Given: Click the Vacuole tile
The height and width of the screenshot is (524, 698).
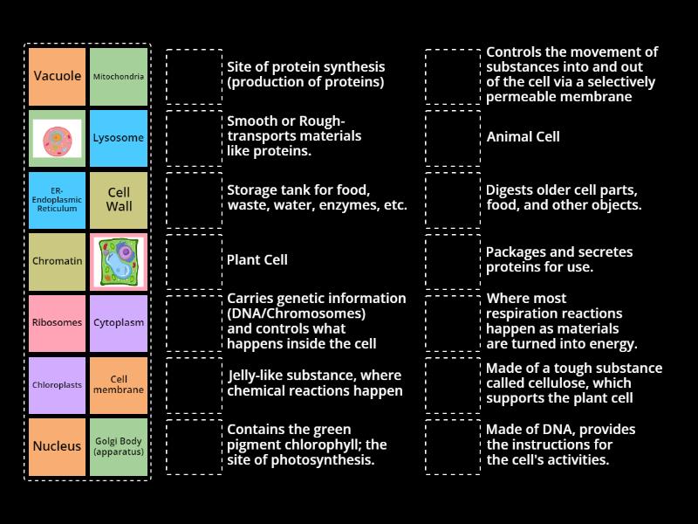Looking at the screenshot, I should click(57, 77).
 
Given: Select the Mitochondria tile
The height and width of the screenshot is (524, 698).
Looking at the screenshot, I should click(119, 77).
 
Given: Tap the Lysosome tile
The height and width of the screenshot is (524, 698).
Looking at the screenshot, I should click(119, 138).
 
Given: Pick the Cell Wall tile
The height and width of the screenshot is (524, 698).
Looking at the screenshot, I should click(119, 199).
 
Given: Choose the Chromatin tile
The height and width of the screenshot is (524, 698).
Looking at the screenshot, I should click(57, 261).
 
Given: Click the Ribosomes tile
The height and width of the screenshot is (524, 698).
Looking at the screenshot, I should click(57, 322).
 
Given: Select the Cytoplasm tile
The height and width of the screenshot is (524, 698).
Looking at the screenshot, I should click(119, 322).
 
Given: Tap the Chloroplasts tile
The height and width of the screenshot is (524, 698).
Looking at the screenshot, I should click(57, 384).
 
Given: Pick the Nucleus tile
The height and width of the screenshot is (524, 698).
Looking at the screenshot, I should click(57, 446).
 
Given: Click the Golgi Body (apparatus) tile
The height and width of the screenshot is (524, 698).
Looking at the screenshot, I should click(119, 446).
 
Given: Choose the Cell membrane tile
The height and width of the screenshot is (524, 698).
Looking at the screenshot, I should click(119, 384).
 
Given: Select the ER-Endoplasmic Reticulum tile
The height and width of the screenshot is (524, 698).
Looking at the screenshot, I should click(57, 199).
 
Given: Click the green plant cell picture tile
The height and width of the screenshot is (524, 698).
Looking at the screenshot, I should click(119, 261).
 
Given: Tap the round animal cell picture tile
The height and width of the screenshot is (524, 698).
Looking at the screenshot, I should click(57, 138).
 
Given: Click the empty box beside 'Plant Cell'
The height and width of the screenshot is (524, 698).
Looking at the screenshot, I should click(194, 261).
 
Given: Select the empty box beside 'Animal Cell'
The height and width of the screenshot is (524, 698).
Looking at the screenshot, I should click(453, 138).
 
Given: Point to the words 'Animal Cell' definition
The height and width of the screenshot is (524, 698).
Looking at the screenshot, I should click(523, 137).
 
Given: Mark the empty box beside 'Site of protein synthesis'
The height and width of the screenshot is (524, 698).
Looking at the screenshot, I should click(194, 77).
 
